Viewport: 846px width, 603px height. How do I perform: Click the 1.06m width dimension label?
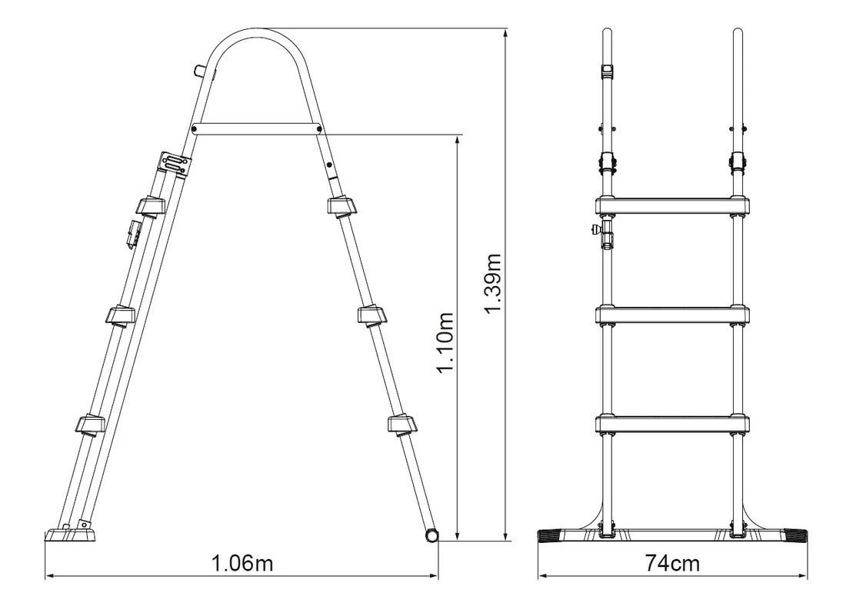(242, 564)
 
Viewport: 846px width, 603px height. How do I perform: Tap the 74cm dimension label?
(673, 564)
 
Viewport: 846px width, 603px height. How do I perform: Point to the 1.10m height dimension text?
(445, 343)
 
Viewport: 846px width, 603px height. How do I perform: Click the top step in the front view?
(672, 205)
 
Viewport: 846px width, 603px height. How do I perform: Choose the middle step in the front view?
(672, 315)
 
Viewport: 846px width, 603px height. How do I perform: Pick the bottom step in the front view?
(672, 424)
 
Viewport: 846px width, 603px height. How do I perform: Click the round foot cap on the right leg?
(432, 535)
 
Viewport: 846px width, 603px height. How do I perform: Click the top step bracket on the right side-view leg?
(342, 206)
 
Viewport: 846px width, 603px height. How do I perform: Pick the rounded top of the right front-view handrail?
(738, 35)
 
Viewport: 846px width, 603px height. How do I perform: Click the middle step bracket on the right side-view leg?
(373, 315)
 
